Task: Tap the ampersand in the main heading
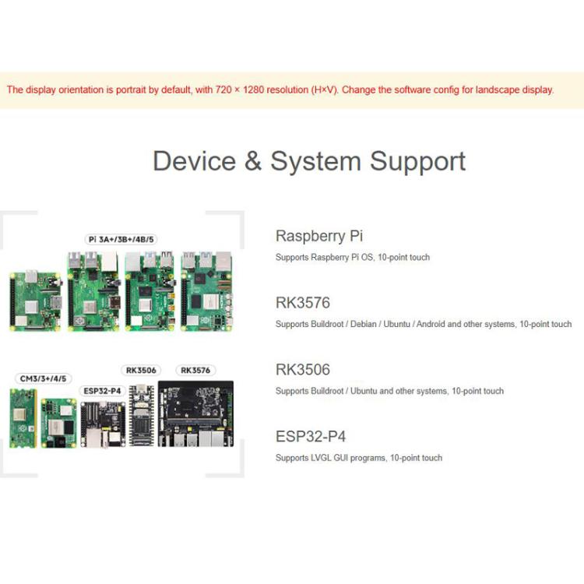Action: pyautogui.click(x=254, y=161)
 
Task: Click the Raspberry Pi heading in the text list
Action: pyautogui.click(x=319, y=236)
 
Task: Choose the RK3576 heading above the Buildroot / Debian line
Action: pyautogui.click(x=302, y=303)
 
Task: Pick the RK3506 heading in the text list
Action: pyautogui.click(x=302, y=370)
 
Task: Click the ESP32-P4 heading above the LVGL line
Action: pyautogui.click(x=309, y=437)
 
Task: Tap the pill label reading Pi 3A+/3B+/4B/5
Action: pyautogui.click(x=121, y=239)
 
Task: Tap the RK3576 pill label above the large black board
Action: pyautogui.click(x=195, y=370)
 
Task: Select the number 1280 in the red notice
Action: pyautogui.click(x=249, y=90)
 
